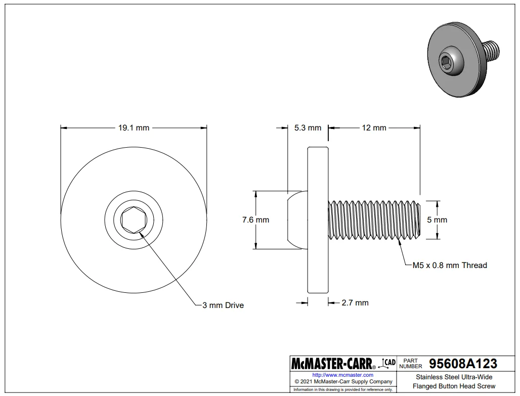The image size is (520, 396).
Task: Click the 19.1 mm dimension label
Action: [x=134, y=128]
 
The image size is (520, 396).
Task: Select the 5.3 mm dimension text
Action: [x=308, y=128]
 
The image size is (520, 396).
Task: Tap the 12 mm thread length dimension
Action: [x=374, y=128]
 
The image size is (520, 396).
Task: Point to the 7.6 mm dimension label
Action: [x=255, y=220]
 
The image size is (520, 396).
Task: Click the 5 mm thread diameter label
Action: [x=437, y=220]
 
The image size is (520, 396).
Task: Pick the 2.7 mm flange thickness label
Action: [x=355, y=303]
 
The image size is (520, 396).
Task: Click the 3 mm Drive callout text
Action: [x=223, y=305]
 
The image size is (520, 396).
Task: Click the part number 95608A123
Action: [x=462, y=364]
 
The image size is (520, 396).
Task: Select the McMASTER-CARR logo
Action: [x=332, y=364]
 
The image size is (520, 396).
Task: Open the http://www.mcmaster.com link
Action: [x=343, y=375]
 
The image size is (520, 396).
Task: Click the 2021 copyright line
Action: [x=343, y=382]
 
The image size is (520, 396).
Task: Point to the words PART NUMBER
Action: [x=410, y=364]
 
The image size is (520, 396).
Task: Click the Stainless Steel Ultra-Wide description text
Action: [x=454, y=377]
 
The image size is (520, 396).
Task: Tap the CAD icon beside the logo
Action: [x=388, y=362]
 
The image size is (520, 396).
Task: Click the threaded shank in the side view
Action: [x=374, y=220]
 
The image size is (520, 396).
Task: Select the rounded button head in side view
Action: [x=296, y=220]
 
